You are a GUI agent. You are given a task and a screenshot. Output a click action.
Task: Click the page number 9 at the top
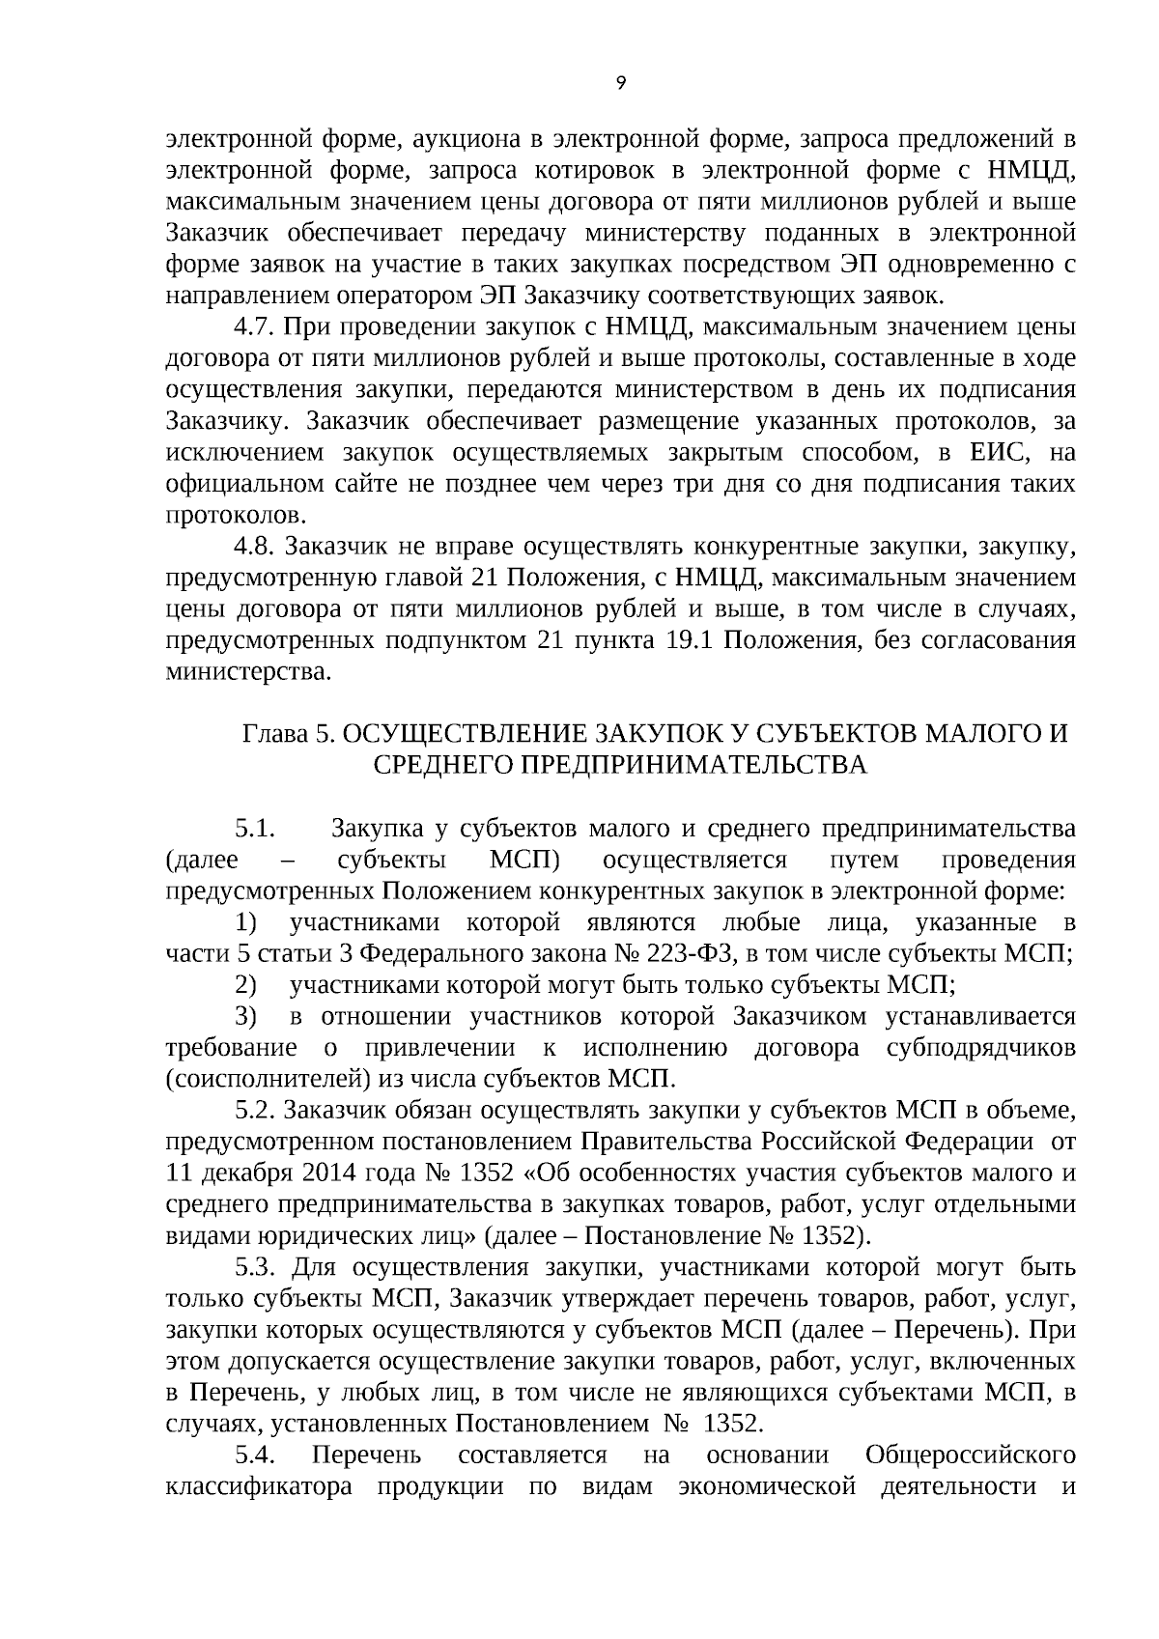click(x=620, y=83)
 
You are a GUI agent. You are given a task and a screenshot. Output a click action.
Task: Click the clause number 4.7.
click(x=256, y=327)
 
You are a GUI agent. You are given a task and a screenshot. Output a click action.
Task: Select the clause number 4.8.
click(x=256, y=547)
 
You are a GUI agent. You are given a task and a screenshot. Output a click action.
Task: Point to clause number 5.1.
click(x=256, y=829)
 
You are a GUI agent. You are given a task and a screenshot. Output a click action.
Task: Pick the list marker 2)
click(x=245, y=985)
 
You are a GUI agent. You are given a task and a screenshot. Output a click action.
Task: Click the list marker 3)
click(x=245, y=1017)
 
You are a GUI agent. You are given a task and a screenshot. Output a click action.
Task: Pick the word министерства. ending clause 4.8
click(x=248, y=672)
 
